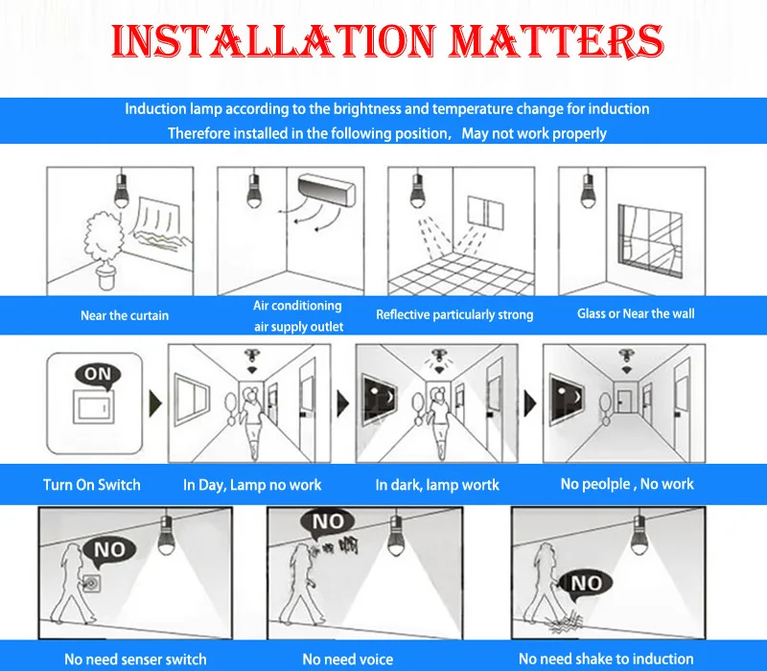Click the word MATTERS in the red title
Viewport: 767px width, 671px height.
556,40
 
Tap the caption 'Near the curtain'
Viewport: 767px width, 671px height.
125,315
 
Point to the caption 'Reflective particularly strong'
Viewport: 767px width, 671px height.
454,314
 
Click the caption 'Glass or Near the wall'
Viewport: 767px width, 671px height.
636,313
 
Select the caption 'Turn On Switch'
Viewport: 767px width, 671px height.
92,485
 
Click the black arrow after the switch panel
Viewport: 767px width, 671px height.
155,404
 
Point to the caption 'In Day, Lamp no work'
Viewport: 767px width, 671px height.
252,485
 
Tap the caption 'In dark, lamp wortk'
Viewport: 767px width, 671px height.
437,485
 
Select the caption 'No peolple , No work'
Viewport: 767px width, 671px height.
627,484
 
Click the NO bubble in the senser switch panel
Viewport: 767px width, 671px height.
109,551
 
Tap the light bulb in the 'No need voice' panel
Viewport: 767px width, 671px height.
395,537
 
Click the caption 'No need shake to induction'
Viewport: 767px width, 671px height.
606,659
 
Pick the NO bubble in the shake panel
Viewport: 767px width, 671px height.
586,585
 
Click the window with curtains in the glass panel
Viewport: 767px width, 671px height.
651,241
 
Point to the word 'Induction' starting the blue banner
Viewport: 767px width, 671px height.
155,108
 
